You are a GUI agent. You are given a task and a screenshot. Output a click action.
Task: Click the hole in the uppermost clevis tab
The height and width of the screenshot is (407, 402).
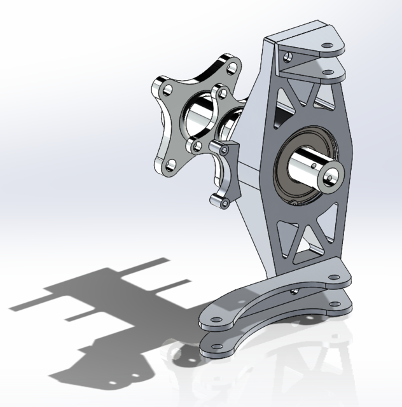(x=327, y=46)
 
